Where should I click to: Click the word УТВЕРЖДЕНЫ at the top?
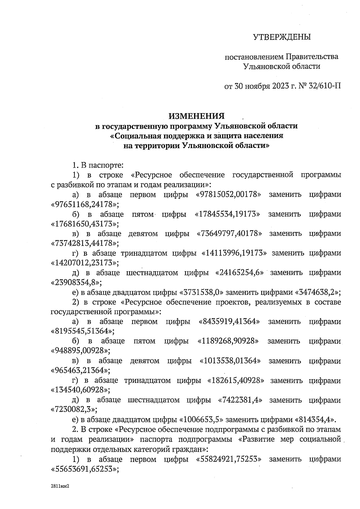click(282, 37)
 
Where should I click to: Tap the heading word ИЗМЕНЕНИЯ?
click(196, 116)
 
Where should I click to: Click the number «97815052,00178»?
click(228, 195)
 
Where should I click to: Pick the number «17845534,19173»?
click(227, 214)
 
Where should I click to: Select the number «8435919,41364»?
click(229, 322)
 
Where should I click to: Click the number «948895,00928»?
click(81, 350)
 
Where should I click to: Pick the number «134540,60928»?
click(81, 390)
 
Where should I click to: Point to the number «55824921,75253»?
click(228, 459)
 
